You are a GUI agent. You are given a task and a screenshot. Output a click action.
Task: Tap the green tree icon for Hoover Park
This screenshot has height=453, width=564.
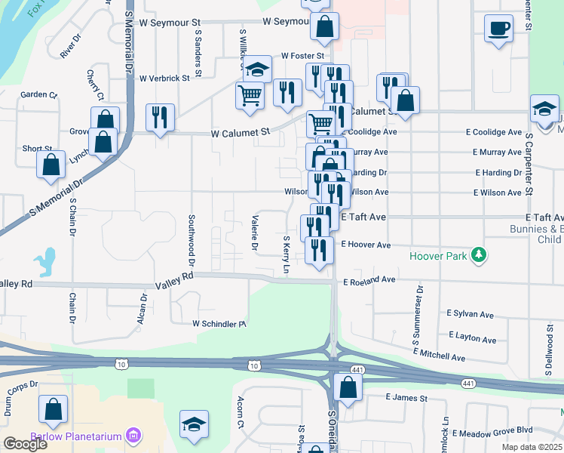pos(477,256)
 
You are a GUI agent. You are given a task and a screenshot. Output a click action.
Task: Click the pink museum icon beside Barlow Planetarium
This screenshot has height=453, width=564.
pos(134,436)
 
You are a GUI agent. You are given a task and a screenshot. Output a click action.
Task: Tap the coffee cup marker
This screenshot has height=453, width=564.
pos(498,29)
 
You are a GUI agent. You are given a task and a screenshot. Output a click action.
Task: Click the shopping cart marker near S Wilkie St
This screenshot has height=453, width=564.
pos(250,96)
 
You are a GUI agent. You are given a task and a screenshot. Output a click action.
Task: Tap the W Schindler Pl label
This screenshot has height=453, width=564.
pos(219,324)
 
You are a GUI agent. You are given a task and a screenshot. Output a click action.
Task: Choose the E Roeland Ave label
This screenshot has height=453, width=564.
pos(369,280)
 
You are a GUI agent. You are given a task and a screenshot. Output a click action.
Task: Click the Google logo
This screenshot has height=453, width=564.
pos(25,443)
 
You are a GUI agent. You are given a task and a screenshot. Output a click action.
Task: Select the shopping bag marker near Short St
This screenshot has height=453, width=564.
pos(51,166)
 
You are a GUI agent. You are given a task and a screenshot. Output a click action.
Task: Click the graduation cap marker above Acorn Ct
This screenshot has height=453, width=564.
pos(194,425)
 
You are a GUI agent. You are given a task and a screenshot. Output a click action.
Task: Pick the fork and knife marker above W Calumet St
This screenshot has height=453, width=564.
pos(160,117)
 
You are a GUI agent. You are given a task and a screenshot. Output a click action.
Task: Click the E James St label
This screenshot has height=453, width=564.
pos(406,398)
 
